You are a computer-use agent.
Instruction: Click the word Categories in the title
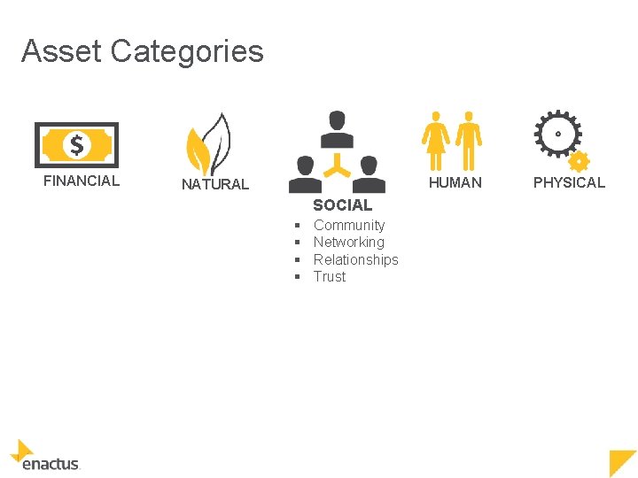pos(187,51)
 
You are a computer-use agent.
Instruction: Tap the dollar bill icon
pos(76,144)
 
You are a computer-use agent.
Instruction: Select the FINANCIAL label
pos(82,181)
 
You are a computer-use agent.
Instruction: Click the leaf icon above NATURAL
pos(208,146)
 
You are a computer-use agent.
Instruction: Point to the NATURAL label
pos(215,184)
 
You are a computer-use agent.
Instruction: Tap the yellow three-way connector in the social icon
pos(337,163)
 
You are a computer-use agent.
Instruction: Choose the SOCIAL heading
pos(342,205)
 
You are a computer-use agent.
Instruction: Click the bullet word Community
pos(349,226)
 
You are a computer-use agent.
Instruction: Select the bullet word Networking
pos(349,242)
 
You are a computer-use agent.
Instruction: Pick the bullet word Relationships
pos(356,259)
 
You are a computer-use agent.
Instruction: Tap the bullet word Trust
pos(330,276)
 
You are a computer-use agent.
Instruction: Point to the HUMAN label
pos(455,182)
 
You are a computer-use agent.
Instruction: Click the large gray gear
pos(557,134)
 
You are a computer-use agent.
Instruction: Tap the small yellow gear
pos(578,161)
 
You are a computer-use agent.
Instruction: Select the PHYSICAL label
pos(569,182)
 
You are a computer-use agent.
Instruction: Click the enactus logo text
pos(51,463)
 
